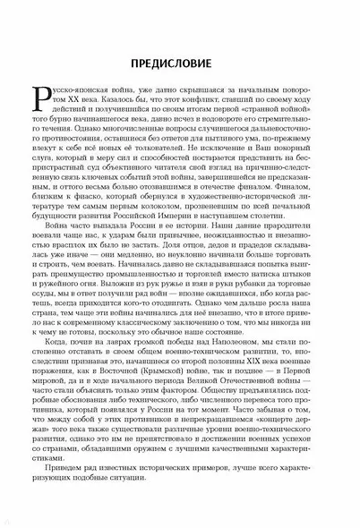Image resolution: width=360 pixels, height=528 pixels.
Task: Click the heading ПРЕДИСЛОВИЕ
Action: coord(180,64)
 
